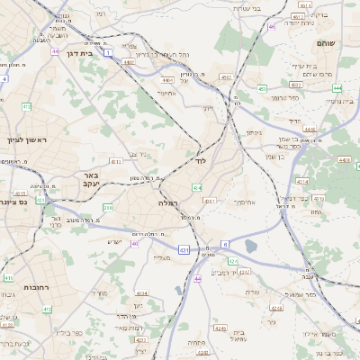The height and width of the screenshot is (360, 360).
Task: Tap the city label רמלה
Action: tap(168, 203)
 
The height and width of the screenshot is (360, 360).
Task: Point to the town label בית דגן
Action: tap(77, 54)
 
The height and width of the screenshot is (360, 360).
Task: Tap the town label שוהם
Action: tap(326, 43)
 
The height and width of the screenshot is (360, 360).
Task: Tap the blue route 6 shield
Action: tap(224, 244)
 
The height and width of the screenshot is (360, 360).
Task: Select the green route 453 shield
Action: tap(262, 88)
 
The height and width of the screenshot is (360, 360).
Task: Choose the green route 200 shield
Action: tap(108, 208)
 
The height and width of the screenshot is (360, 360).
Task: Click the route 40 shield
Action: tap(135, 243)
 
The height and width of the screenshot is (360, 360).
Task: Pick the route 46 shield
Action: tap(271, 26)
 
